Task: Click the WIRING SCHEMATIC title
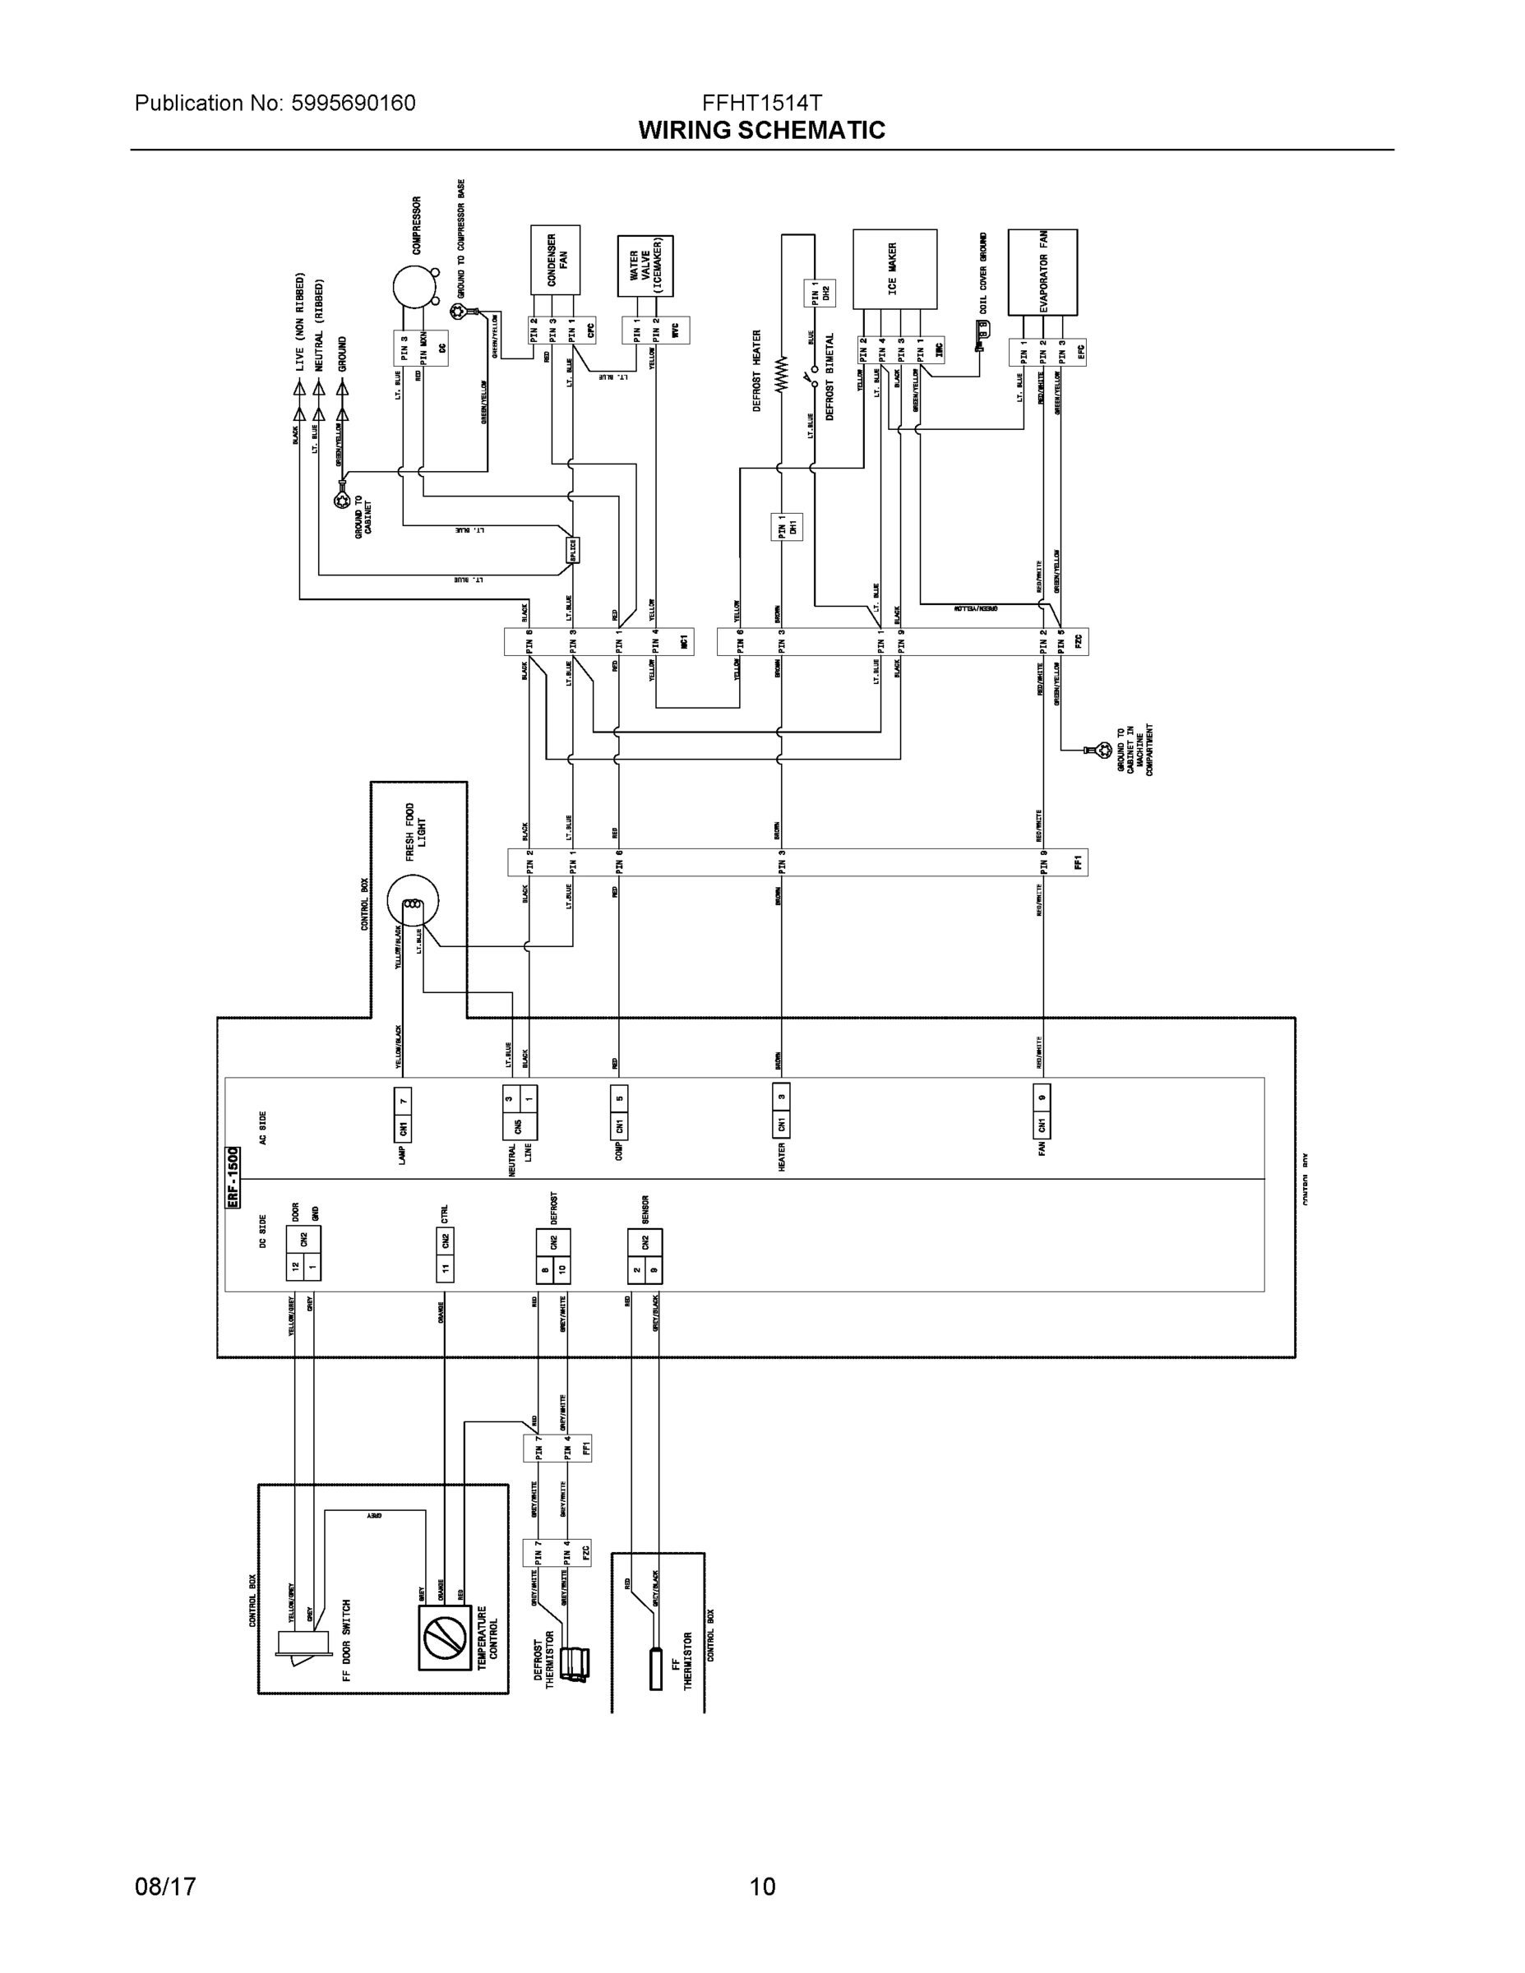(761, 130)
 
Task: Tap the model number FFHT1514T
(761, 102)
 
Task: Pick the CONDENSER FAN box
(555, 260)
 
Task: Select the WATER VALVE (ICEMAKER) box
(645, 266)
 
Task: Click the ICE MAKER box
(894, 268)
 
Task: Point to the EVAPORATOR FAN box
(1042, 271)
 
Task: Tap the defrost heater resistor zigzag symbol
(783, 372)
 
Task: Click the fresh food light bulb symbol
(413, 902)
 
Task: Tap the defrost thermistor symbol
(574, 1663)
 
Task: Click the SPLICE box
(572, 549)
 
